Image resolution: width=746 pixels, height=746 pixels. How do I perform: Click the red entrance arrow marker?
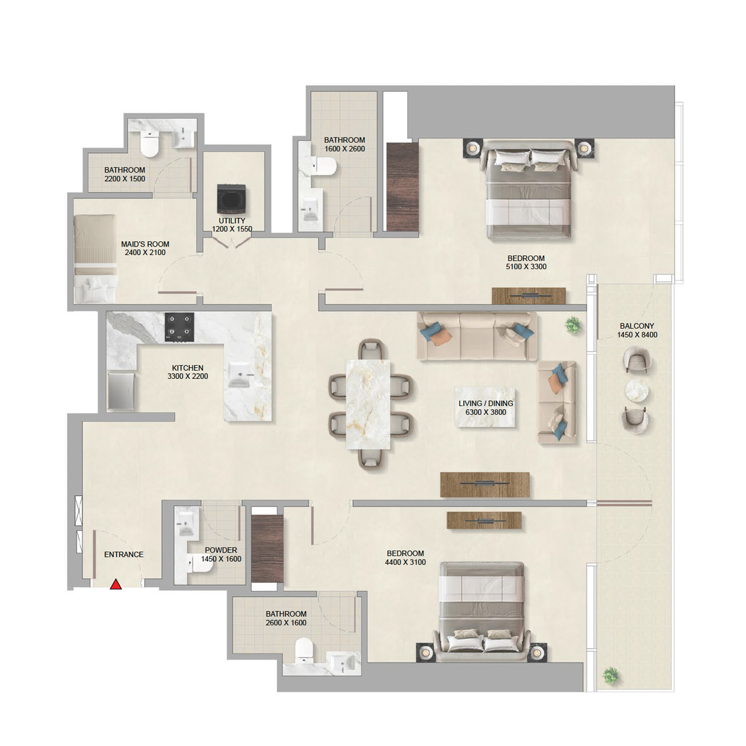(x=116, y=584)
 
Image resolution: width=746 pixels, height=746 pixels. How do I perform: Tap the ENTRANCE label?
(x=124, y=554)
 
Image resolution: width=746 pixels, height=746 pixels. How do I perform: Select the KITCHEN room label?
(x=188, y=368)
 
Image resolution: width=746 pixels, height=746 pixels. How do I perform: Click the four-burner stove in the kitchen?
(x=179, y=327)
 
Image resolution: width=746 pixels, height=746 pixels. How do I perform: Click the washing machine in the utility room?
(x=231, y=199)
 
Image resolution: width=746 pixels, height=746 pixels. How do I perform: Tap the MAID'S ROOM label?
(x=145, y=244)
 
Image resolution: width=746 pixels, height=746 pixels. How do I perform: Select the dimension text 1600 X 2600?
(x=344, y=149)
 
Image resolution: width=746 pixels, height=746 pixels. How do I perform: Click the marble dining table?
(x=368, y=404)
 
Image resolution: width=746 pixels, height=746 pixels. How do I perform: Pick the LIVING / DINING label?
(x=485, y=403)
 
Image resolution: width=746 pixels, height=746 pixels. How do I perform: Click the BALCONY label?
(x=636, y=326)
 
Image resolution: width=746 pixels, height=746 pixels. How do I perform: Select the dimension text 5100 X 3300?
(x=526, y=266)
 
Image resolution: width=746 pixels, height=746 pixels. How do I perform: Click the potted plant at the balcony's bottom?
(x=610, y=675)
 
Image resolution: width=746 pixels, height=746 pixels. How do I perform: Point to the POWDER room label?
(x=221, y=550)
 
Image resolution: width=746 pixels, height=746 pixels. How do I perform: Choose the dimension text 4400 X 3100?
(x=405, y=562)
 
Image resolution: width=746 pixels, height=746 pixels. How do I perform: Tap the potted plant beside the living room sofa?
(x=573, y=325)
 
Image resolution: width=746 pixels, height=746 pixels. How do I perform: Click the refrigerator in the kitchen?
(x=122, y=391)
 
